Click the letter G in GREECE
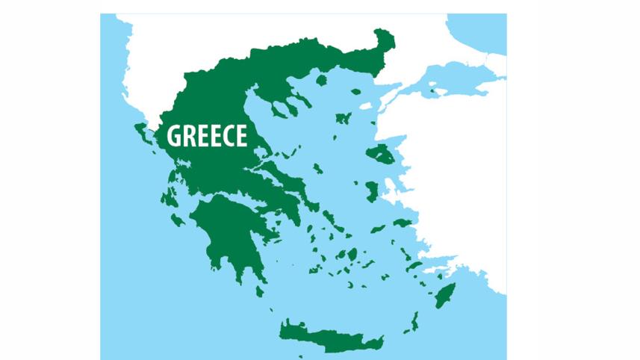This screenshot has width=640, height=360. click(x=173, y=137)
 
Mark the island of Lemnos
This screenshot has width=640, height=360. click(x=343, y=118)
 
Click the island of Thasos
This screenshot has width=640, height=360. click(x=322, y=79)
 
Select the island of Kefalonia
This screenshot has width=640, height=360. click(x=166, y=197)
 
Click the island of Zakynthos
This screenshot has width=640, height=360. click(x=177, y=220)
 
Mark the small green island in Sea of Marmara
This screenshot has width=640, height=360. click(x=432, y=91)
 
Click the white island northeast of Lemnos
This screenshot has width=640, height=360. click(x=367, y=106)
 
